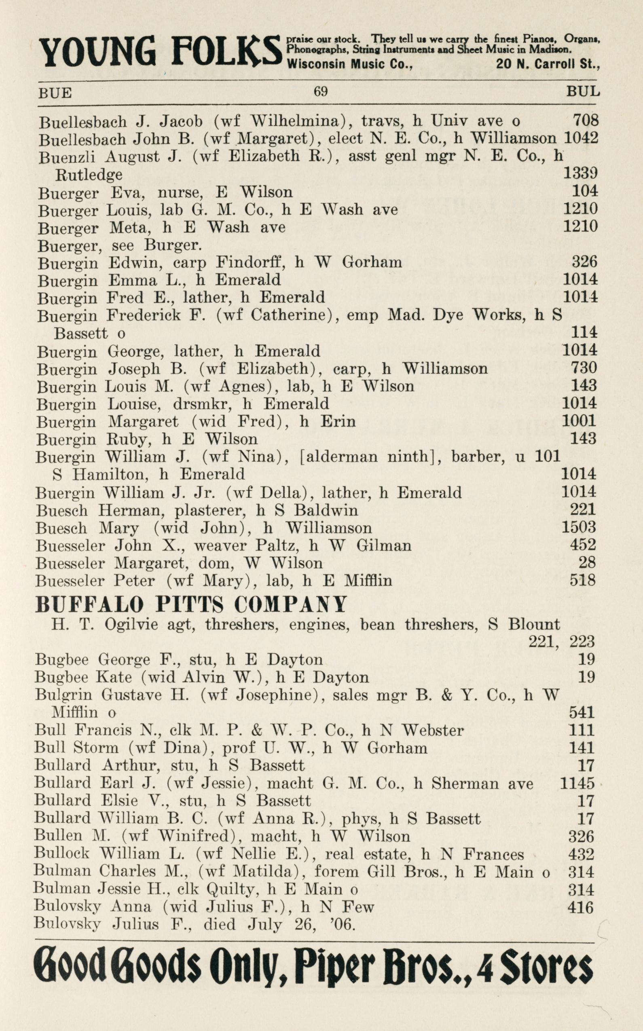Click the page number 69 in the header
point(320,91)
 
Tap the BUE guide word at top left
point(55,93)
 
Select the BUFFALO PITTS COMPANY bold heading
point(191,604)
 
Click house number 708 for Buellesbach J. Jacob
point(585,120)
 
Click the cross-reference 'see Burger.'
point(172,245)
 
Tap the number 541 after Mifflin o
point(582,712)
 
